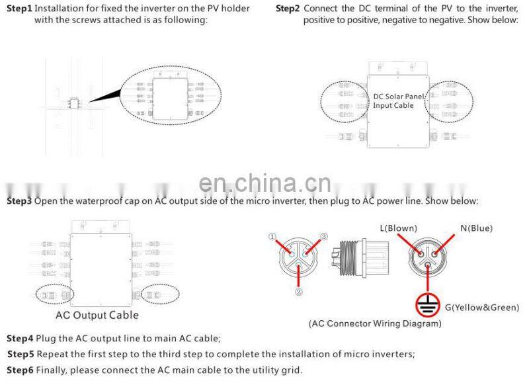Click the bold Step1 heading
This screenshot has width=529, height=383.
[x=19, y=9]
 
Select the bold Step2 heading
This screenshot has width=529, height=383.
[x=288, y=9]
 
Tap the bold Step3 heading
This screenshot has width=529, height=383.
[x=19, y=200]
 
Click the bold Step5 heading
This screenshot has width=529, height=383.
[x=20, y=354]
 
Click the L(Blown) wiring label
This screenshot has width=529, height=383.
[x=397, y=228]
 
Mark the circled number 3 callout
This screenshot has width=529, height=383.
[x=324, y=237]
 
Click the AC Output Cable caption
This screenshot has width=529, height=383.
[x=97, y=315]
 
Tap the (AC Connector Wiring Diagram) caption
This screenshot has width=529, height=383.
[x=375, y=324]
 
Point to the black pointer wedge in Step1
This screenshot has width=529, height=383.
[x=106, y=96]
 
